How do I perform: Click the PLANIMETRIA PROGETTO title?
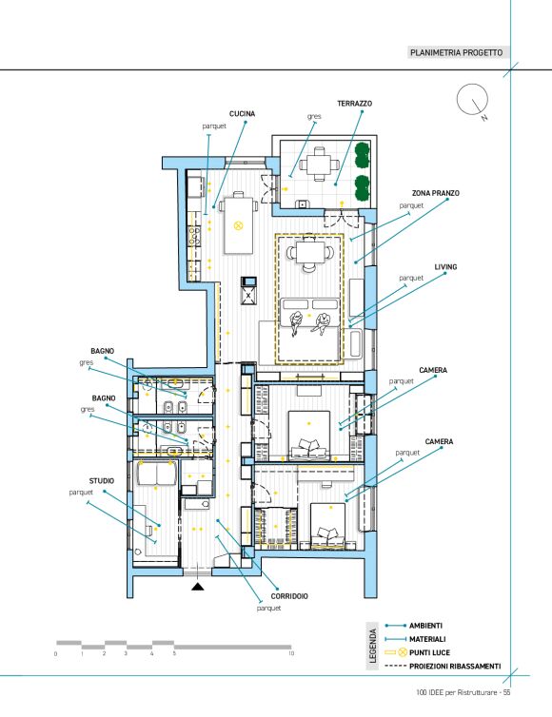456,52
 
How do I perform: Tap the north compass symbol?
472,100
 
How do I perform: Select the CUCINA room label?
242,114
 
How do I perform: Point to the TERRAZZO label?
355,104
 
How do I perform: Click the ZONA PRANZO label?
435,193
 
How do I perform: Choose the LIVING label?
445,267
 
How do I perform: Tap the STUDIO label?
102,481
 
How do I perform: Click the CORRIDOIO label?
289,596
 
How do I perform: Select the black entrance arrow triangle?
198,586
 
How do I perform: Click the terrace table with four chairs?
320,165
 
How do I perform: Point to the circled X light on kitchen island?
238,225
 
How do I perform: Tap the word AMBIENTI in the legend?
425,626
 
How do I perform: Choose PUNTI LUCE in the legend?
429,652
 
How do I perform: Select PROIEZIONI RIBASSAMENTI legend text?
455,667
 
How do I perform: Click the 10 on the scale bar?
291,654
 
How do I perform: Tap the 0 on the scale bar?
56,654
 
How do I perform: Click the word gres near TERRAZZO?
314,117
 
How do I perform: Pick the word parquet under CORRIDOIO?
268,609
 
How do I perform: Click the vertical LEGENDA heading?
372,646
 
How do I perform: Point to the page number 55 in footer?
506,693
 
